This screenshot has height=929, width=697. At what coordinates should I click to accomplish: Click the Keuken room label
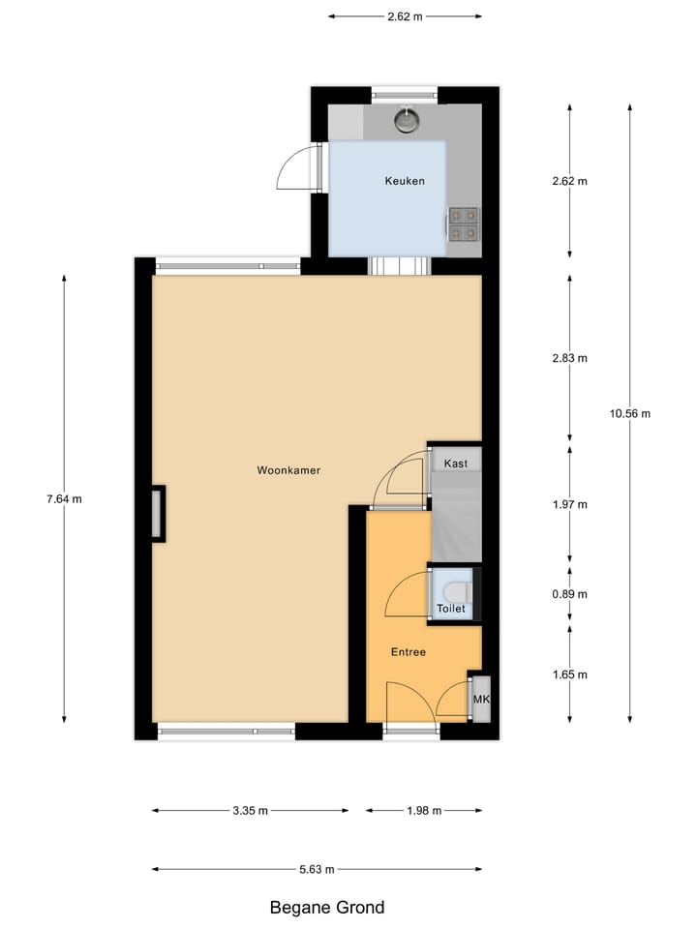tap(405, 181)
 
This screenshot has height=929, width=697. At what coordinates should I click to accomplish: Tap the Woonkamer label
tap(288, 471)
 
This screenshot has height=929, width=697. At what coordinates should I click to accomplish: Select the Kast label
tap(456, 464)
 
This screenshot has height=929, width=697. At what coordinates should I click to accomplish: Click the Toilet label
tap(451, 610)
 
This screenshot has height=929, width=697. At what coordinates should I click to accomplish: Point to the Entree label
tap(409, 652)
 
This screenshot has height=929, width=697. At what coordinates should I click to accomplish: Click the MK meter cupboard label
tap(480, 699)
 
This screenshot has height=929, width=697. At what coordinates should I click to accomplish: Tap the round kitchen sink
tap(407, 119)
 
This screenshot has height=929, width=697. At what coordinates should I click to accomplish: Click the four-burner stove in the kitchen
tap(464, 224)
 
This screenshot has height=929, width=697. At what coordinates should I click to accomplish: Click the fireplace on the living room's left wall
tap(157, 513)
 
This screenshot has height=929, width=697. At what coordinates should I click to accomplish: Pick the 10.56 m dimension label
tap(629, 414)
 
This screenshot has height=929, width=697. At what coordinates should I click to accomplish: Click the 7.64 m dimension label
tap(64, 499)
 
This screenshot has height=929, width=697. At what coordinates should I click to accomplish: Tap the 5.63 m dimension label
tap(315, 869)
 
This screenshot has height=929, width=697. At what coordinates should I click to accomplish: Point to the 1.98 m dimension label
tap(422, 811)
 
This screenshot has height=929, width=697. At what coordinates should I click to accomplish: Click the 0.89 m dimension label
tap(568, 594)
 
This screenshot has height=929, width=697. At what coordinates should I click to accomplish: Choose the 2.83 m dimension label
tap(568, 358)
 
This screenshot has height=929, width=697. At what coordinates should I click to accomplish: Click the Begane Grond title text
tap(326, 908)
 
